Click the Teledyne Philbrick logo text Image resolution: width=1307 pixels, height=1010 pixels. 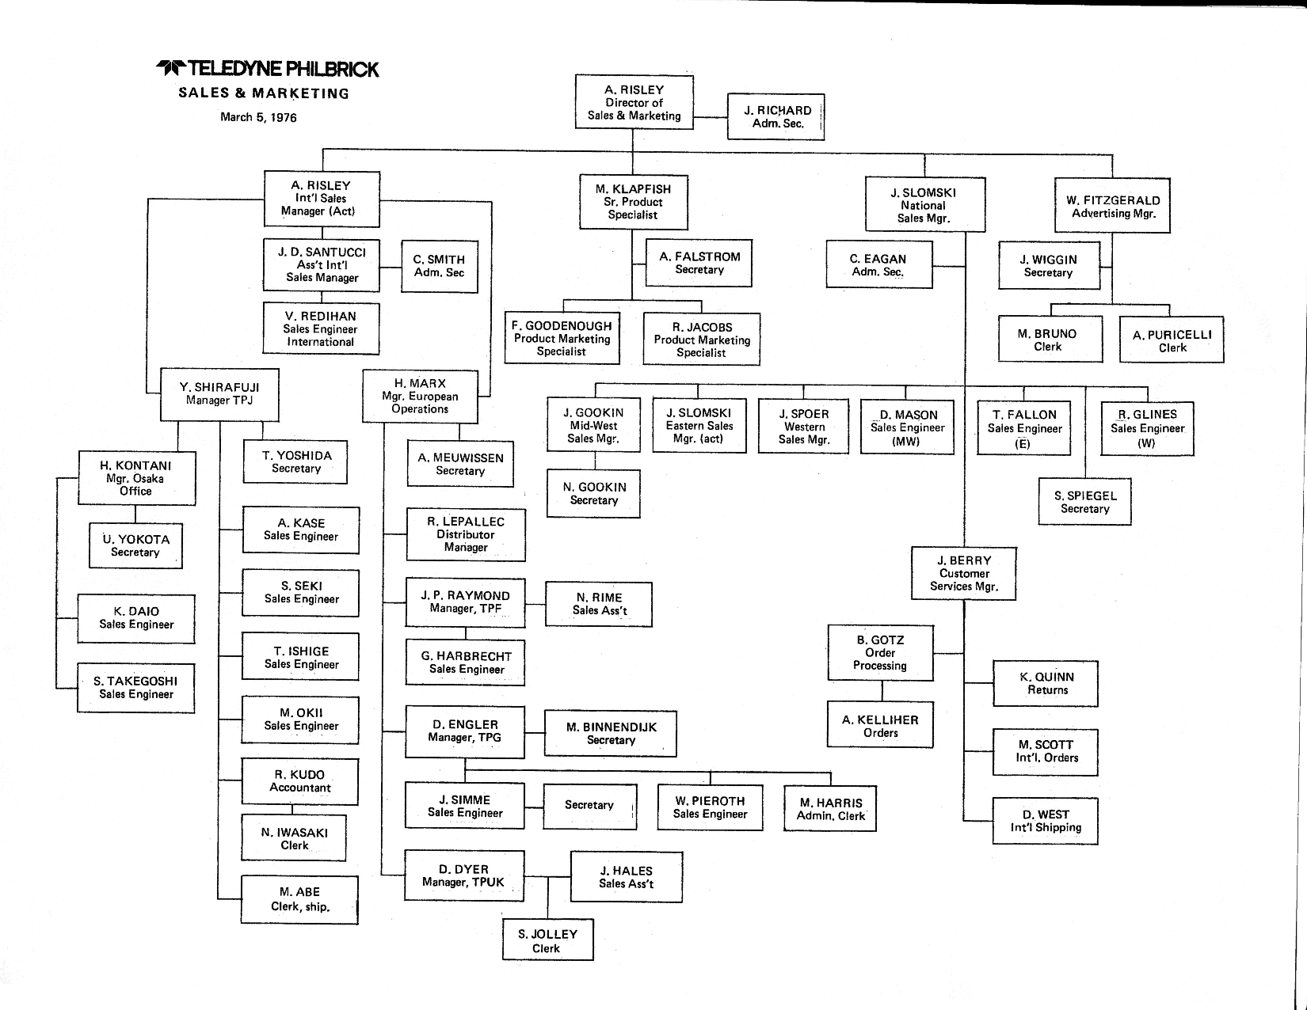268,70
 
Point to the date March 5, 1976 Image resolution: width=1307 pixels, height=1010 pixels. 258,118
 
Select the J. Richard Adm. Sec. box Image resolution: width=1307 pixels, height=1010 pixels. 776,117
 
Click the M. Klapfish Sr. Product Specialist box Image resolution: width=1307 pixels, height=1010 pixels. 633,202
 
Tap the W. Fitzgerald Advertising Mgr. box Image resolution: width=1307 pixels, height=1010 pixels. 1112,206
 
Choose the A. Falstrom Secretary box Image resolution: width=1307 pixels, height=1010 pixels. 699,263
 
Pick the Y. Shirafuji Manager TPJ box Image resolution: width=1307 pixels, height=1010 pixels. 219,394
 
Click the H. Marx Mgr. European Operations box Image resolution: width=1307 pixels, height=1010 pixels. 420,396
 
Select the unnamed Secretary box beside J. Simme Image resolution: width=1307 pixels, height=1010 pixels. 589,806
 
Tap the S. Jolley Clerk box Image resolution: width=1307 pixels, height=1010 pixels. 547,940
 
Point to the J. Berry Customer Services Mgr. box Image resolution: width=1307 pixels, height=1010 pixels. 964,573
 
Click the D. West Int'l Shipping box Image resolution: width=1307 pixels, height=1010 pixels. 1046,821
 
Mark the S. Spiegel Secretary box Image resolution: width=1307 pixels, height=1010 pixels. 1084,502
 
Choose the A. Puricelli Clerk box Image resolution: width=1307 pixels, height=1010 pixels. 1172,340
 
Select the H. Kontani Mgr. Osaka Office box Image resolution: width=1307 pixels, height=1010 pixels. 136,478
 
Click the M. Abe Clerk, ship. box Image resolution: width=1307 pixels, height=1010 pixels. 299,899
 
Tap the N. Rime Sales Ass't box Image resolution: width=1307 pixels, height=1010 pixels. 599,604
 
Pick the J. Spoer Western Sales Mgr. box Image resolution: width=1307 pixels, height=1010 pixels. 803,427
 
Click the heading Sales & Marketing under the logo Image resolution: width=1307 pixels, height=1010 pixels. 264,93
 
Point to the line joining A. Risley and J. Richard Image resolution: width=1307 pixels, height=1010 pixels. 711,117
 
